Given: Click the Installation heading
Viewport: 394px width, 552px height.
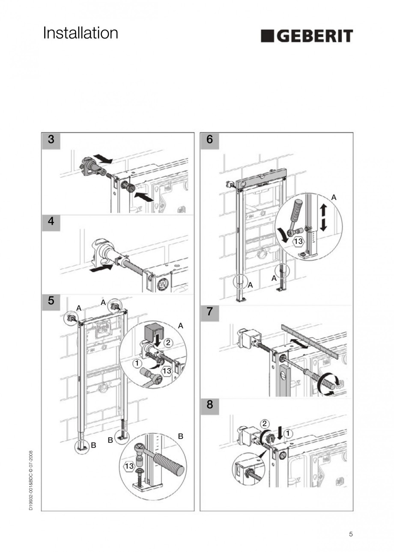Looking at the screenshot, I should (x=81, y=33).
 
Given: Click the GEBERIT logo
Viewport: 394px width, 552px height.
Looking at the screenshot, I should (x=307, y=36).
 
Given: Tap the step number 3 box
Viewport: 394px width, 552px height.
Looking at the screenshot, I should (x=51, y=139).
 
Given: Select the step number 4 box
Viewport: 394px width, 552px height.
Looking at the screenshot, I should (x=51, y=222).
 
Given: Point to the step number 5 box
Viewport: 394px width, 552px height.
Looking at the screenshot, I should (x=51, y=301).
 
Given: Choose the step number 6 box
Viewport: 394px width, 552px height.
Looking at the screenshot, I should (x=209, y=139).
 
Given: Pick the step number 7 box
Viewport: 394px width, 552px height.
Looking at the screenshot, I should (x=209, y=312).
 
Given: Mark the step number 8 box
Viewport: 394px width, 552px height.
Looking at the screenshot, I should (x=209, y=404).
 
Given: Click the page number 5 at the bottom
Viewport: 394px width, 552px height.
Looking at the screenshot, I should (x=351, y=534).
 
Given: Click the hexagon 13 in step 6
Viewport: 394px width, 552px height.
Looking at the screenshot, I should (x=298, y=242).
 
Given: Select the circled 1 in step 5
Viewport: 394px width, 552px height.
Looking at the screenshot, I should (x=136, y=363).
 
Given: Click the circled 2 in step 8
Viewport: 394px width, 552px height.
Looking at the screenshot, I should (x=265, y=424).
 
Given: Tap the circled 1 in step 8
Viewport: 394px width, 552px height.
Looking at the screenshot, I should (x=288, y=433).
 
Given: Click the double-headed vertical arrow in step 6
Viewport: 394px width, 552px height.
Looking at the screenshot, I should (x=323, y=217).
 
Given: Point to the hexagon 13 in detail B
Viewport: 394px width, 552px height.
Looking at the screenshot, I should (x=129, y=466).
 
